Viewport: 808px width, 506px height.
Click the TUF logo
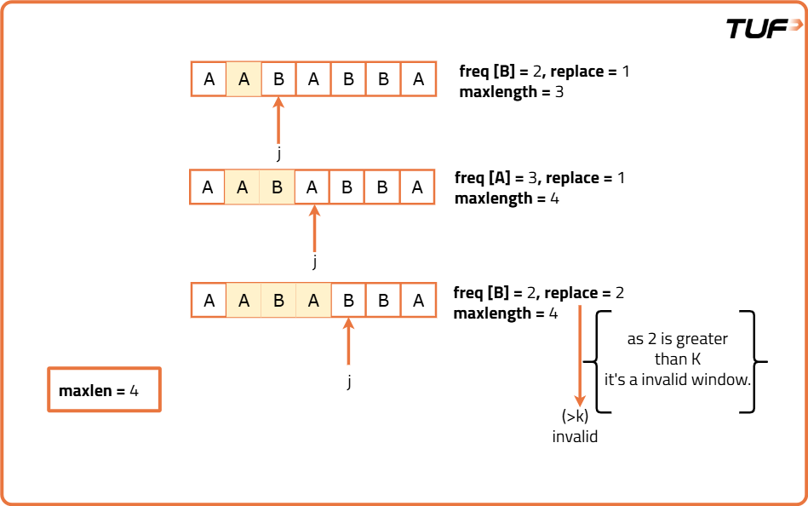click(x=764, y=28)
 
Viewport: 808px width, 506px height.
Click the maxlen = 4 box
click(x=104, y=391)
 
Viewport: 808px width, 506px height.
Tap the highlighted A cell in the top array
click(x=244, y=79)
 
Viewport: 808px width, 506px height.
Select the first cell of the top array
click(x=209, y=79)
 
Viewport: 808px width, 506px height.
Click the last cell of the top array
click(x=418, y=79)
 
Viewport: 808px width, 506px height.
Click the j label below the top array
click(x=278, y=154)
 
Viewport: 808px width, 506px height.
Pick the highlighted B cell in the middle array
click(x=278, y=187)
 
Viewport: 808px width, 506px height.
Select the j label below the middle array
click(x=314, y=262)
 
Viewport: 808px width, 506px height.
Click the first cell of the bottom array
click(x=209, y=301)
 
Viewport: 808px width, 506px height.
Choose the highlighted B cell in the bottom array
click(x=279, y=301)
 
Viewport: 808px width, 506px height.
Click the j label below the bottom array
click(x=348, y=381)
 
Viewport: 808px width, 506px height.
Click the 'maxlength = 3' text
click(x=511, y=92)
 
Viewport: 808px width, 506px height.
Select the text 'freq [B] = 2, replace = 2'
click(x=539, y=293)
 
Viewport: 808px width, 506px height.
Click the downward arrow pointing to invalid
click(x=580, y=358)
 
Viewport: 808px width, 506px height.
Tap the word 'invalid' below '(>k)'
click(x=575, y=437)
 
